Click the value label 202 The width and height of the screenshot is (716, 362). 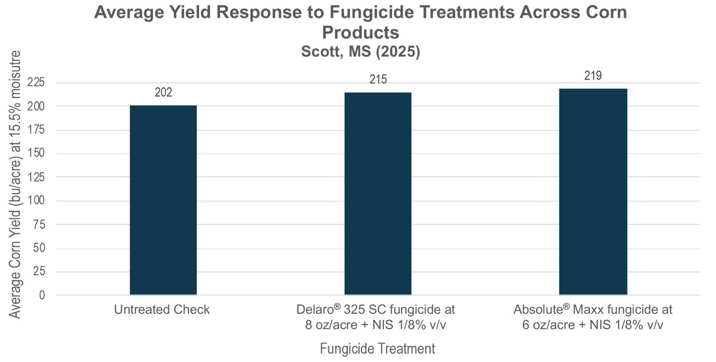(163, 92)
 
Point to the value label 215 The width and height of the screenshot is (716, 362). (378, 79)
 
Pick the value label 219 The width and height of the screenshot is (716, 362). (593, 76)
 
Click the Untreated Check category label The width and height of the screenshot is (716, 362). (162, 309)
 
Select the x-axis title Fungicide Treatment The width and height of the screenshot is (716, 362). (378, 349)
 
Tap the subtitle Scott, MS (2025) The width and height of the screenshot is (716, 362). (361, 51)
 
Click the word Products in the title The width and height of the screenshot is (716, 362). (361, 32)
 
